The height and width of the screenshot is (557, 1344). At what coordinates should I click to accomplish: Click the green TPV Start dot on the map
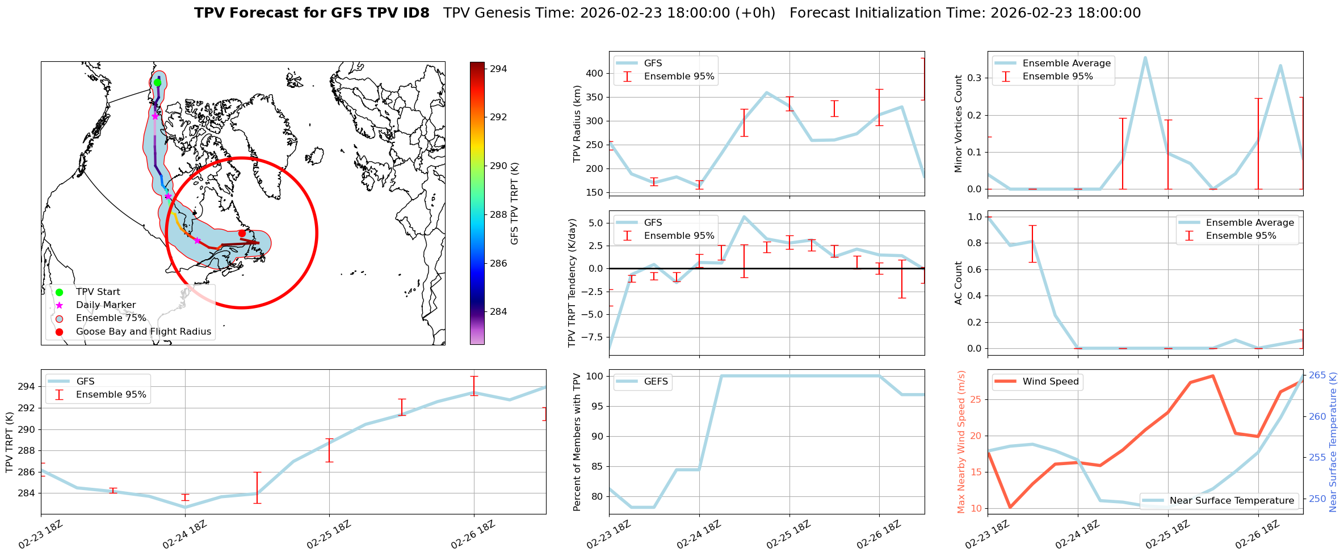[x=157, y=82]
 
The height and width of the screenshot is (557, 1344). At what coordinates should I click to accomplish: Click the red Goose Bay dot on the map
[x=242, y=233]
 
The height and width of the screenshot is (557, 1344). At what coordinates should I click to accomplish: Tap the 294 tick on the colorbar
[x=498, y=69]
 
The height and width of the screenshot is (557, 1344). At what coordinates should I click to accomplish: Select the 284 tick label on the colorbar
[x=498, y=311]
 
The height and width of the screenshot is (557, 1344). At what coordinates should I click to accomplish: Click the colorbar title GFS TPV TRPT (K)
[x=515, y=204]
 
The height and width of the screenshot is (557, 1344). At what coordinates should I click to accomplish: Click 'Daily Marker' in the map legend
[x=106, y=305]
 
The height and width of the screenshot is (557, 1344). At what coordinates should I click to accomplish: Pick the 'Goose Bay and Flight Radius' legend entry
[x=143, y=331]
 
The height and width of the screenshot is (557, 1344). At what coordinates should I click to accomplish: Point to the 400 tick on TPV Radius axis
[x=594, y=73]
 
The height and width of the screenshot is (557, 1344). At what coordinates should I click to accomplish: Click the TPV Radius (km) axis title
[x=577, y=124]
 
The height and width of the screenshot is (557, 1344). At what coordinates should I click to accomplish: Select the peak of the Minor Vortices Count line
[x=1145, y=57]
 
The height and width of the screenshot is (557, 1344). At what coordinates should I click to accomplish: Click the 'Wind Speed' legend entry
[x=1050, y=382]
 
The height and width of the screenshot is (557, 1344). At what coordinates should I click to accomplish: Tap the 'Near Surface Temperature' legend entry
[x=1232, y=500]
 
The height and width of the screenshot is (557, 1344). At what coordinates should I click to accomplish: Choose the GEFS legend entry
[x=656, y=382]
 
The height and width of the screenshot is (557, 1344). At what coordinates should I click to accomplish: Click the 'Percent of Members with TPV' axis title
[x=577, y=442]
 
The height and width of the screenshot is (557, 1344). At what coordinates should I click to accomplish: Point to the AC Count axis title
[x=959, y=283]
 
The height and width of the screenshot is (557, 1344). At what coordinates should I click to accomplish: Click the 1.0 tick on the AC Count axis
[x=974, y=217]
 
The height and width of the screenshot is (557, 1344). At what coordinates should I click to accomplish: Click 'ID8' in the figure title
[x=414, y=13]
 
